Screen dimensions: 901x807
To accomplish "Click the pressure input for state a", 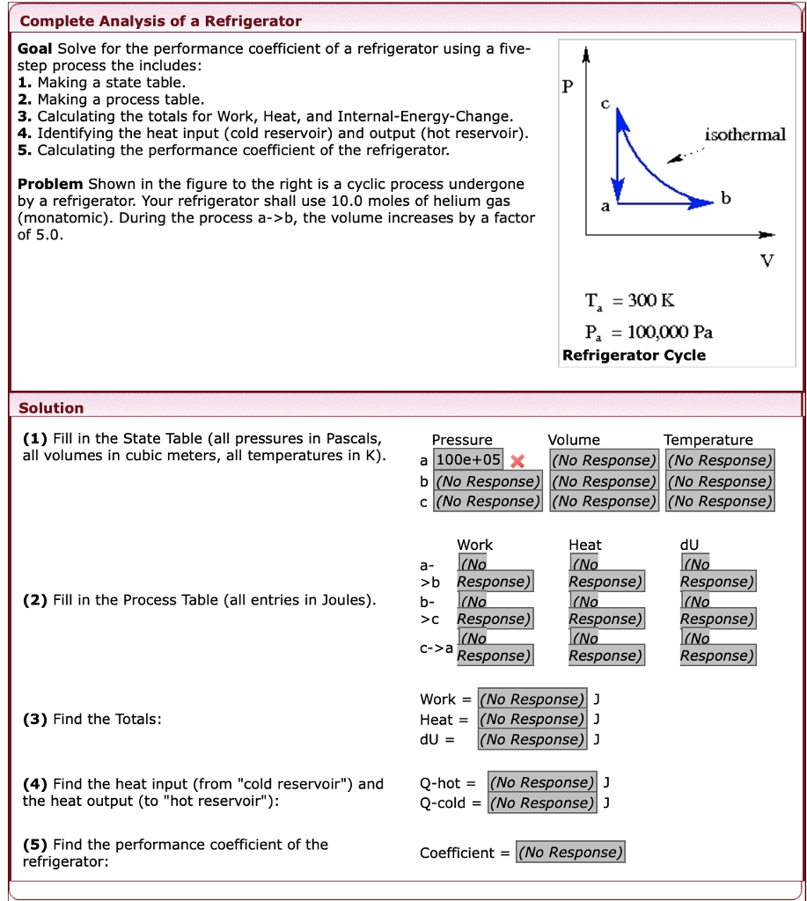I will tap(468, 460).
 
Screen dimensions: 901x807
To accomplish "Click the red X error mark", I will tap(517, 461).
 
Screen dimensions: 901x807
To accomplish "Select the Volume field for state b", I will tap(604, 481).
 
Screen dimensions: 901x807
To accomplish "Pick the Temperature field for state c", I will tap(720, 502).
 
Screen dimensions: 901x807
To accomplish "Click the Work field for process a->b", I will tap(494, 574).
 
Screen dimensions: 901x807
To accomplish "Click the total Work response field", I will tap(532, 700).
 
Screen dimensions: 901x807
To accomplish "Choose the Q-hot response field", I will tap(542, 782).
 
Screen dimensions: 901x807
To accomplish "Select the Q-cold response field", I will tap(542, 802).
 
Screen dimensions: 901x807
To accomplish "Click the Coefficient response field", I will tap(570, 852).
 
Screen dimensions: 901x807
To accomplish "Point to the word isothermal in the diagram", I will tap(745, 135).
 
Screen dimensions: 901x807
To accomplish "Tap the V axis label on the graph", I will tap(767, 260).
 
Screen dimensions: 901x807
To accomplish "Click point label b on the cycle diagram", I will tap(725, 198).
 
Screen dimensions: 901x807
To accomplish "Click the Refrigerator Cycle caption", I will tap(634, 355).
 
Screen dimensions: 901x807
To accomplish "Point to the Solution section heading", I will tap(51, 408).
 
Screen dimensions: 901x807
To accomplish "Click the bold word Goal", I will tap(35, 49).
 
